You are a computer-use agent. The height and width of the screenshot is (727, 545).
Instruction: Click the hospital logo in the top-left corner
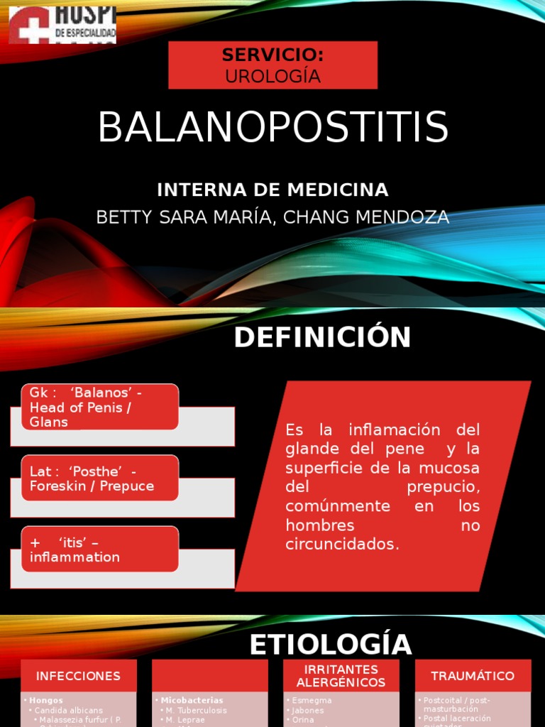[x=62, y=25]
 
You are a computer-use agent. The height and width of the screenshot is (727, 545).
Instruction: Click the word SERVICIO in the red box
[x=272, y=55]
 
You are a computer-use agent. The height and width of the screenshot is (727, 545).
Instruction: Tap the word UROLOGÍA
[x=272, y=77]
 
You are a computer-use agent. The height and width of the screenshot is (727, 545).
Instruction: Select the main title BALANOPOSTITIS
[x=272, y=128]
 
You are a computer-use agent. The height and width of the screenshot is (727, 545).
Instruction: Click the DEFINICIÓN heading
[x=322, y=338]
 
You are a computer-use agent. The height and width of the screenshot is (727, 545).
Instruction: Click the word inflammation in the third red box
[x=75, y=557]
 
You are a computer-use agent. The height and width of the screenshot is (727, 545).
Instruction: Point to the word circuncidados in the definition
[x=342, y=545]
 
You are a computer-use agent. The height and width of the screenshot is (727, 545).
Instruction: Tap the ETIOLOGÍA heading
[x=331, y=645]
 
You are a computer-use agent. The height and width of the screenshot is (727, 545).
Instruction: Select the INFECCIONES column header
[x=78, y=676]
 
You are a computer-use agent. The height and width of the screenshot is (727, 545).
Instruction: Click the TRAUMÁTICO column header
[x=473, y=676]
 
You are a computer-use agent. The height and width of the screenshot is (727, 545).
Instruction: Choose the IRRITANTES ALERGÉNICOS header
[x=341, y=676]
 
